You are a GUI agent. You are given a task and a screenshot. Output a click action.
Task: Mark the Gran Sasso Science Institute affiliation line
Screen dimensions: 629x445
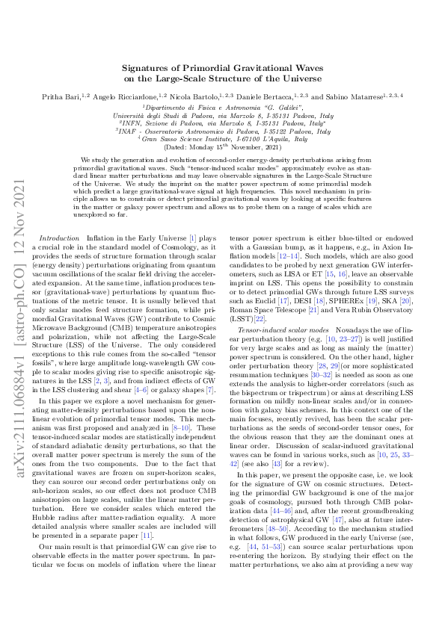pos(222,139)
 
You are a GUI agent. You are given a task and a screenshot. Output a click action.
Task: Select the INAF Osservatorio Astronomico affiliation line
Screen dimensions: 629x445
pos(222,131)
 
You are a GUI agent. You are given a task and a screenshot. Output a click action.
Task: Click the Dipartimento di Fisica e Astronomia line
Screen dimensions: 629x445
pos(222,108)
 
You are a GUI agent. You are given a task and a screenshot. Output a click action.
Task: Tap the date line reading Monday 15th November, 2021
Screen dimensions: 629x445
pos(222,147)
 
